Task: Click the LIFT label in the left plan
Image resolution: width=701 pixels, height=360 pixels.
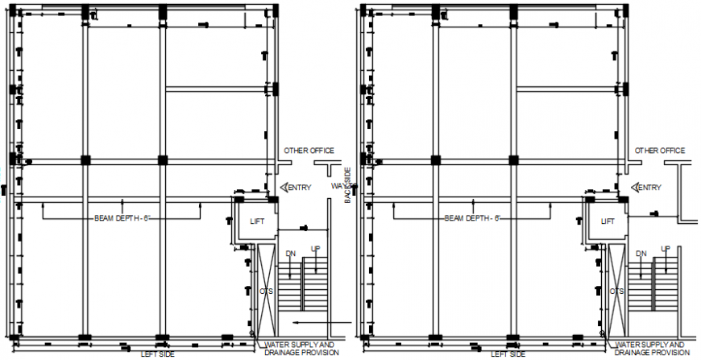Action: tap(257, 221)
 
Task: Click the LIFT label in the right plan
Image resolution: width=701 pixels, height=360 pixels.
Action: tap(608, 221)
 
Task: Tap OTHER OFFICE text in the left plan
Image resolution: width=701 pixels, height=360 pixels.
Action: tap(308, 151)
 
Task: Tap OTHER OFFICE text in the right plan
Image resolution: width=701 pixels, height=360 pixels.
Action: tap(659, 151)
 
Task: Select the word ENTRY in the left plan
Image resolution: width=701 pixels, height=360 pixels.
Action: tap(298, 188)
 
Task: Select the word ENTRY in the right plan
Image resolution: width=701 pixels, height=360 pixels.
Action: tap(649, 188)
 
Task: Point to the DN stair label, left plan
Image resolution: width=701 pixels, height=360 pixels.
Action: tap(290, 254)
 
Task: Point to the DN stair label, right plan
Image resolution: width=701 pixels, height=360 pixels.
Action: tap(641, 254)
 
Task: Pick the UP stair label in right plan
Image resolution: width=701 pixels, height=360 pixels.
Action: tap(666, 249)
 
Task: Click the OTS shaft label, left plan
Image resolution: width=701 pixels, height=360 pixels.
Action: tap(266, 291)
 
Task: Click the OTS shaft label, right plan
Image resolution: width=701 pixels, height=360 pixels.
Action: tap(617, 291)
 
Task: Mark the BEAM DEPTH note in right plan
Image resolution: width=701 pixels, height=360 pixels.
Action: tap(472, 218)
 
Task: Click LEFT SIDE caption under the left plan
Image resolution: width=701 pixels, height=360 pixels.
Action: tap(157, 354)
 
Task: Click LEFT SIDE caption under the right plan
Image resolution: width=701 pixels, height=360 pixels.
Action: tap(508, 354)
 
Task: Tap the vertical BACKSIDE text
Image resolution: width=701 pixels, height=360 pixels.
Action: tap(347, 185)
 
